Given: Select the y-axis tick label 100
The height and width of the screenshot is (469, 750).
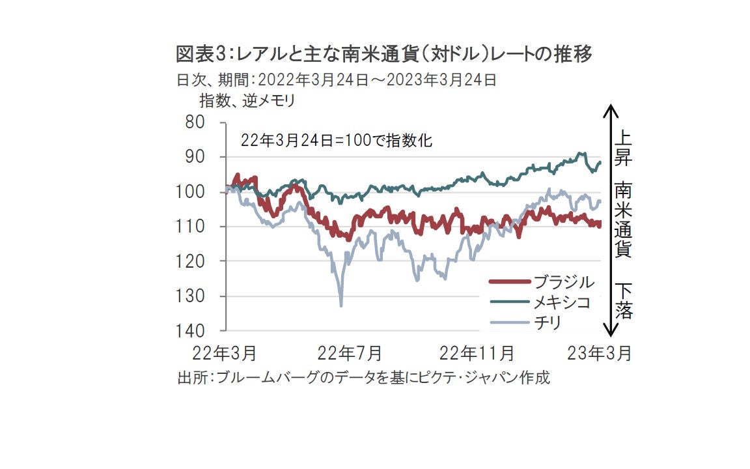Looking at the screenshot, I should point(192,192).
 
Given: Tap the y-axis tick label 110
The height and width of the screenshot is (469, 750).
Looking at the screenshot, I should point(192,227).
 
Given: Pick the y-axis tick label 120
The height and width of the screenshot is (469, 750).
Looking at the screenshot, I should point(192,261).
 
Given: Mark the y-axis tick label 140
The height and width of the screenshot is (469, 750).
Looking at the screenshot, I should point(192,331).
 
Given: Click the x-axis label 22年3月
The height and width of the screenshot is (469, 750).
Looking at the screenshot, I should point(225,354).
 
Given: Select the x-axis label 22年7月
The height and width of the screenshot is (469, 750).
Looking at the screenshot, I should point(350,354).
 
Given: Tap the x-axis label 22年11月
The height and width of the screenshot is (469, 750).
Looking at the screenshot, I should point(477,354).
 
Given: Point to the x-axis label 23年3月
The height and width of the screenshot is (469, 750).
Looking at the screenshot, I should point(599,354).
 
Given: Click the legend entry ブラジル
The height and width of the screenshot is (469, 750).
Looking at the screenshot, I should point(564,282).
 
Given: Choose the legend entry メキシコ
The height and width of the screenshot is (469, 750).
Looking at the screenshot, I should point(564,302).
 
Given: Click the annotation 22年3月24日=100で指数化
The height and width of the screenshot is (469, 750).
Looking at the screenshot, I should point(337,140).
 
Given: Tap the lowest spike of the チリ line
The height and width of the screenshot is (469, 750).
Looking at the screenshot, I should point(341,306).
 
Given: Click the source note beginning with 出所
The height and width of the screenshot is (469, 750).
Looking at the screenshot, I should point(363,378).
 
